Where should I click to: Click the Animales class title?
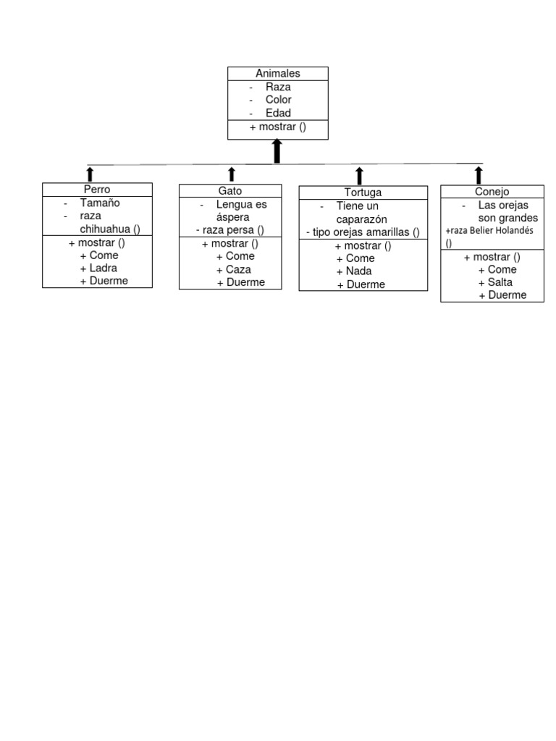277,73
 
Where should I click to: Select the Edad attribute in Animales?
278,113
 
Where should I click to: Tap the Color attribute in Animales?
278,100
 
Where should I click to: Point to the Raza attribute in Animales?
278,87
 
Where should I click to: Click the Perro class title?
97,190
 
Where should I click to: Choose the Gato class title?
230,190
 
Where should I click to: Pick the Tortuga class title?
363,192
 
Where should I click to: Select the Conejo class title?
492,192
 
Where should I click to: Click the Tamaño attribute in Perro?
100,203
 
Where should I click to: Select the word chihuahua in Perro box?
105,229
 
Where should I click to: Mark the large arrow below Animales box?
277,151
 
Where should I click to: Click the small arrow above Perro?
90,173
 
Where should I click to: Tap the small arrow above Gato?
232,174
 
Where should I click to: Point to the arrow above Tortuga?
359,175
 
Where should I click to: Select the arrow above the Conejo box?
479,174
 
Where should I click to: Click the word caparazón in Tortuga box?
362,219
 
